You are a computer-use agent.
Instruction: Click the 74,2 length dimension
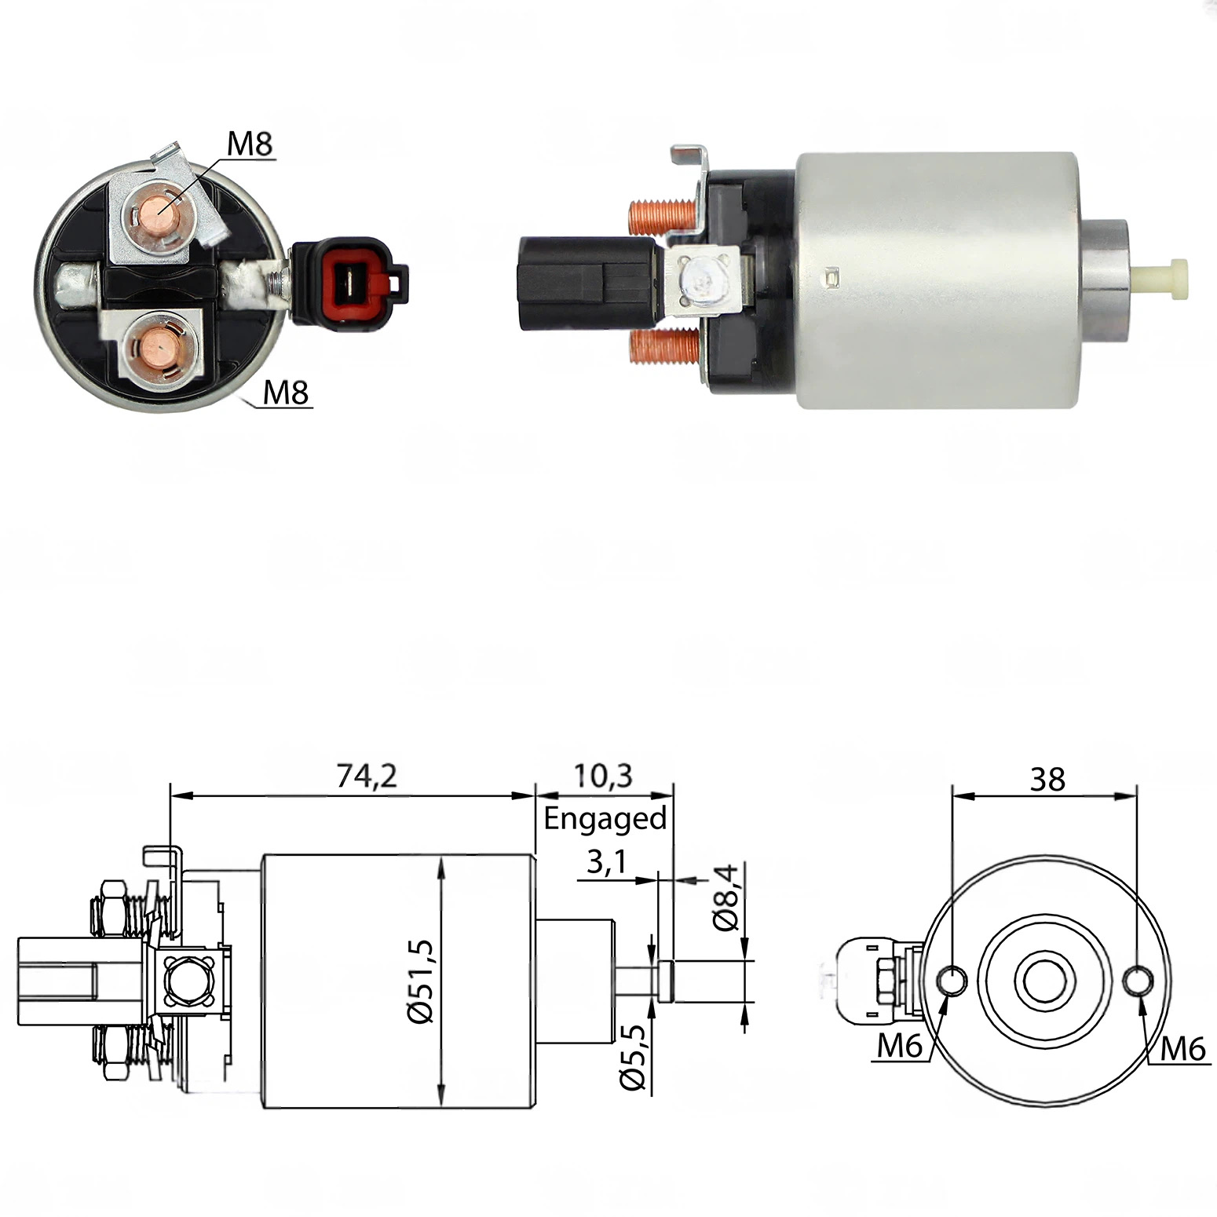tap(367, 776)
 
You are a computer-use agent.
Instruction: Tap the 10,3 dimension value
tap(603, 776)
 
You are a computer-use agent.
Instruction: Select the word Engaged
tap(605, 819)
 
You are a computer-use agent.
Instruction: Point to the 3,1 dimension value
tap(606, 862)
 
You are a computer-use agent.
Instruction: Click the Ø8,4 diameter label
tap(727, 897)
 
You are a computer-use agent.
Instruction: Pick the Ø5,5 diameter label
tap(633, 1057)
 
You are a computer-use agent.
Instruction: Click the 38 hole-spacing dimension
tap(1047, 780)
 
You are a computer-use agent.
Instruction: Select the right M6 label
tap(1182, 1048)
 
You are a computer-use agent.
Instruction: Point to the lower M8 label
tap(286, 392)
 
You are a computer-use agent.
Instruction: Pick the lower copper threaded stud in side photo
tap(660, 347)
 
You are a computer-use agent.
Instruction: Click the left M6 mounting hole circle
tap(952, 981)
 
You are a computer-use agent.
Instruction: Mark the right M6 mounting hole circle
tap(1138, 981)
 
